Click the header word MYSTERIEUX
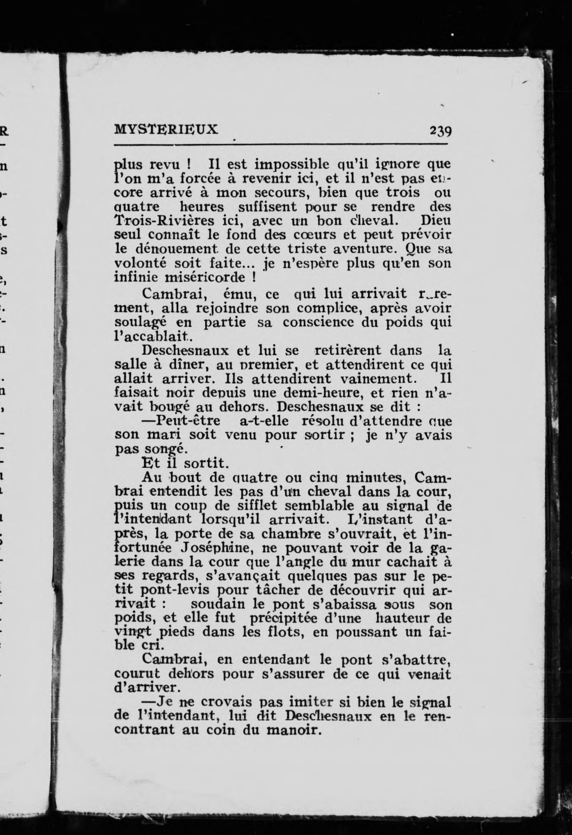[x=166, y=129]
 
